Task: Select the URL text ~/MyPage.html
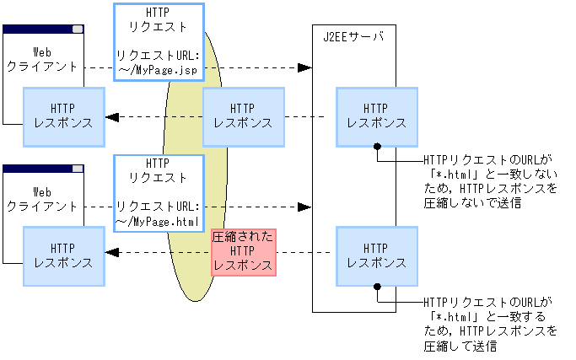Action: pos(158,221)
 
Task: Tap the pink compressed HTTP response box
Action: pos(244,251)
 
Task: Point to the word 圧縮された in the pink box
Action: pos(244,238)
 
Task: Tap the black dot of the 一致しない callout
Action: pos(378,148)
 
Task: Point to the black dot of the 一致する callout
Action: pos(378,287)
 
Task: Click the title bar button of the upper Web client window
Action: pos(77,29)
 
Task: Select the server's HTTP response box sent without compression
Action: pos(375,116)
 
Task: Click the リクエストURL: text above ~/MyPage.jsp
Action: pos(158,56)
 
